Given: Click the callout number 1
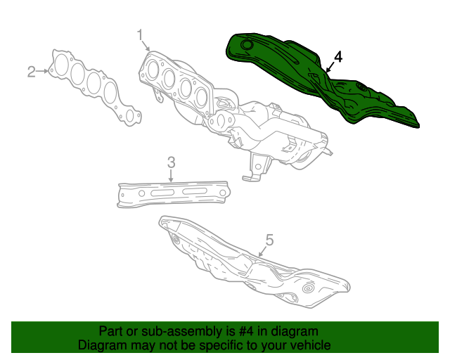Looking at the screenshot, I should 139,34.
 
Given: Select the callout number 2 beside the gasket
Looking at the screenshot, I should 32,71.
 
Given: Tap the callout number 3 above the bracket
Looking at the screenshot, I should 171,163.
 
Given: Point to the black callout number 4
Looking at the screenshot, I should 338,57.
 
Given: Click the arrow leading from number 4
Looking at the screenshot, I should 330,67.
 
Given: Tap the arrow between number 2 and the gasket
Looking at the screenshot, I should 44,70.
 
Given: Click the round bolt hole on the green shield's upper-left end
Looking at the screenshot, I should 247,46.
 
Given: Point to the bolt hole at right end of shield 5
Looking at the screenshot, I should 307,289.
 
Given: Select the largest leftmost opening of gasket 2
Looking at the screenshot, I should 62,65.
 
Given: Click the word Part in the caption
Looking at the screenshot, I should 111,331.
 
